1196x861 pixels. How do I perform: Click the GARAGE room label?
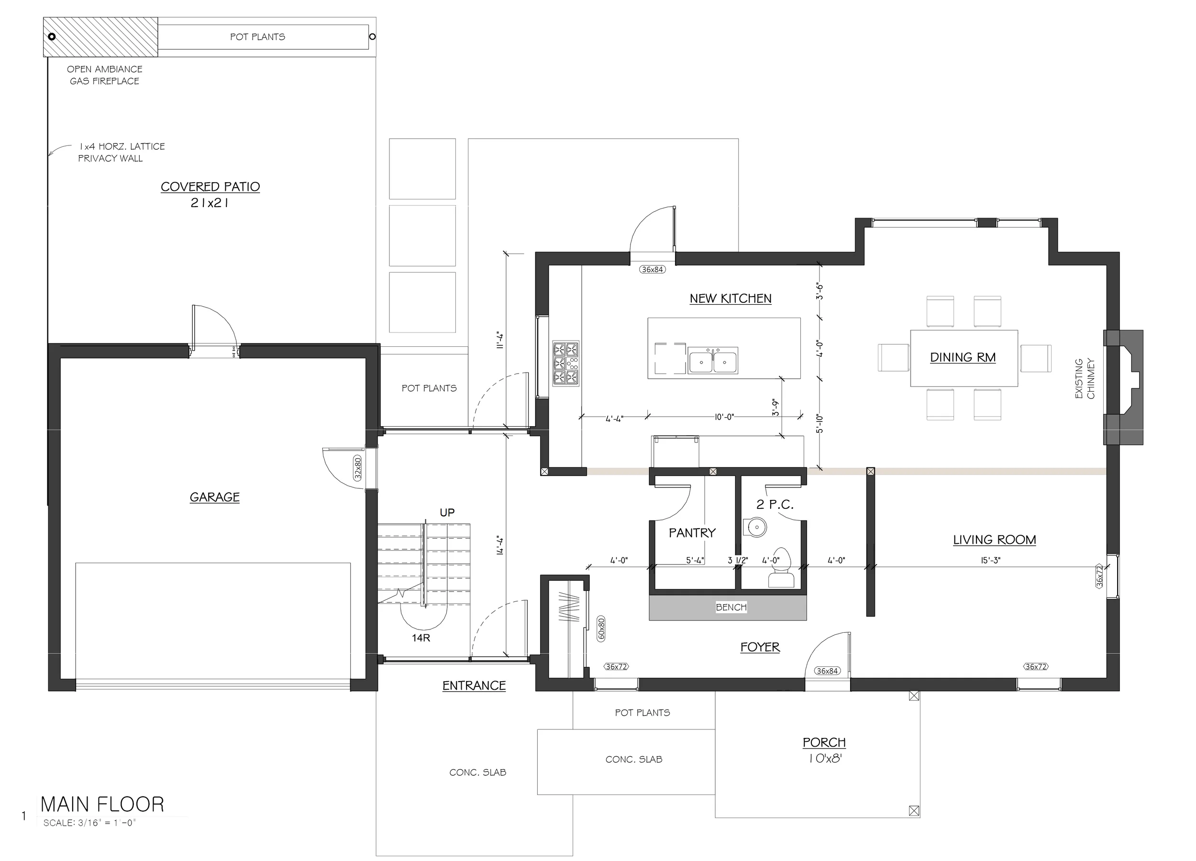(215, 497)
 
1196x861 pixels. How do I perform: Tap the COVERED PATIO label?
(210, 187)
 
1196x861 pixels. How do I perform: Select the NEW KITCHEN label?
(731, 298)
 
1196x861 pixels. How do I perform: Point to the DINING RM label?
(963, 357)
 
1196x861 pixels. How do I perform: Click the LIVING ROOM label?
(995, 540)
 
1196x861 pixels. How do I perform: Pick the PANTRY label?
(692, 533)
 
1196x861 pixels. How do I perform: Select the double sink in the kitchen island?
(713, 361)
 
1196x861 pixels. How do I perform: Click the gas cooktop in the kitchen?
(566, 363)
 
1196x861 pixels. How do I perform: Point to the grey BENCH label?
(731, 607)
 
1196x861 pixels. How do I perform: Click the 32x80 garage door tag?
(358, 468)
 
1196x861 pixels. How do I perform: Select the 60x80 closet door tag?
(602, 629)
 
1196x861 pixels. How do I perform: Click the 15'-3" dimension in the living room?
(990, 561)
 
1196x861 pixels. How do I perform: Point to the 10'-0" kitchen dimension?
(724, 417)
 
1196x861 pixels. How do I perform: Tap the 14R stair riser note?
(421, 638)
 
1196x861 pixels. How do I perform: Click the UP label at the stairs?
(447, 512)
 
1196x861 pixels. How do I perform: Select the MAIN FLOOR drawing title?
(102, 805)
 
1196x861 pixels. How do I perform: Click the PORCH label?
(824, 742)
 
